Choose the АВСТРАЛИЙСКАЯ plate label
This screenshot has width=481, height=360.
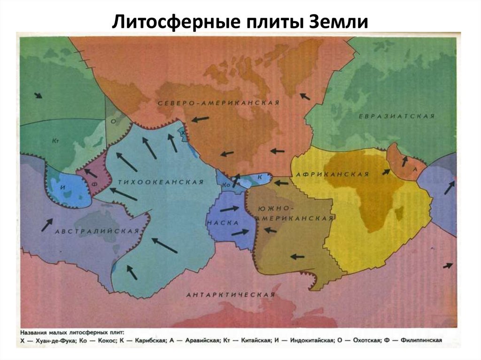coord(97,231)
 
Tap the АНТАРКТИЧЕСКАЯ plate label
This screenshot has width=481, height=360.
coord(230,295)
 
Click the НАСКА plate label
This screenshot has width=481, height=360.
coord(223,222)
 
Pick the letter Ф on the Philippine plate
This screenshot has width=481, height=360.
coord(93,184)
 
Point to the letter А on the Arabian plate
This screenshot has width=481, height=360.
coord(415,169)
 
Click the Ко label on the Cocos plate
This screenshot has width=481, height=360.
coord(225,185)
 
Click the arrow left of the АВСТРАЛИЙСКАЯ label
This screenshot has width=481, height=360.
coord(46,224)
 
